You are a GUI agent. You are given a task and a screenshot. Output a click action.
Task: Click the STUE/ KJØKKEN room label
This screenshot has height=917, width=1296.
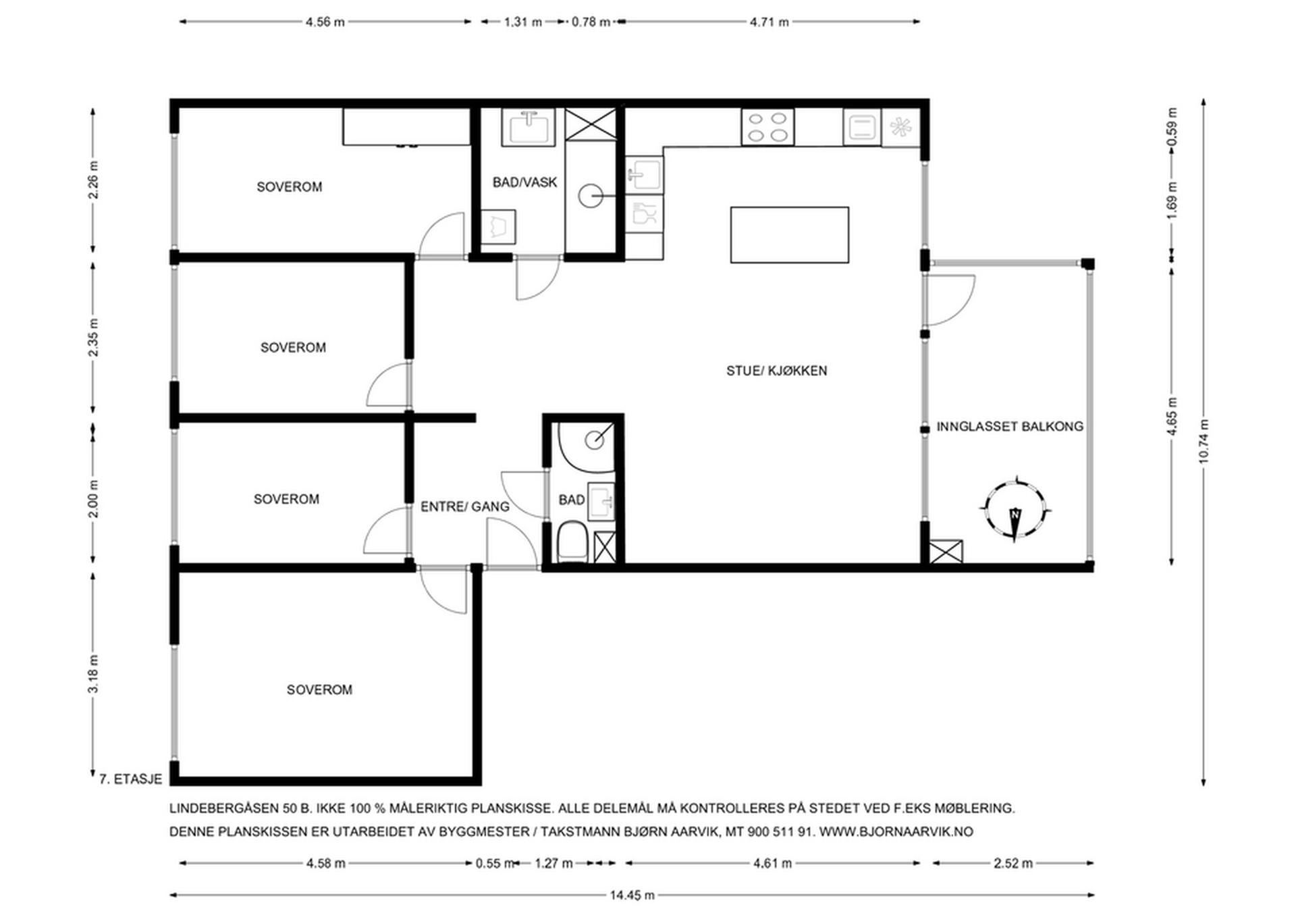click(776, 371)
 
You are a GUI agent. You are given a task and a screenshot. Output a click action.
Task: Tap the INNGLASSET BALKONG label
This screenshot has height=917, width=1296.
click(1010, 427)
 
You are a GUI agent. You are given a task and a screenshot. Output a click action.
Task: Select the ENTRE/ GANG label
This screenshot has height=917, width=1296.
click(465, 506)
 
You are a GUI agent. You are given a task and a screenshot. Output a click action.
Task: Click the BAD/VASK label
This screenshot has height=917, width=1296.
click(524, 182)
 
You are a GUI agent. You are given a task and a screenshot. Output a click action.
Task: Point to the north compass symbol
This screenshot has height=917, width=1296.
click(1015, 508)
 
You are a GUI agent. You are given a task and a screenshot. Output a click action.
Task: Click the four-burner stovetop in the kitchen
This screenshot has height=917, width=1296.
click(767, 127)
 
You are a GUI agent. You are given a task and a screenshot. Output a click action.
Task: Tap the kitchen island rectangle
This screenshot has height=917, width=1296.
click(789, 235)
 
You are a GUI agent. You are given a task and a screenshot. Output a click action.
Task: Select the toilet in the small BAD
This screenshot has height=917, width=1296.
click(573, 542)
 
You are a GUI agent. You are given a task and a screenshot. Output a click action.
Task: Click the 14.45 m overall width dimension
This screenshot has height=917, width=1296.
click(632, 895)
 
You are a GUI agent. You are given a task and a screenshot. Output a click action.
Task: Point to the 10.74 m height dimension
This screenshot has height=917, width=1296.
click(1204, 442)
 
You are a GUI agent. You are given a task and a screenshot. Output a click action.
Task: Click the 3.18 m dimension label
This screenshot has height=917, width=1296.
click(93, 673)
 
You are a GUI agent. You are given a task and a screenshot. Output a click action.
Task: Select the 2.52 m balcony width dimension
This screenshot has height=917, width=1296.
click(1013, 863)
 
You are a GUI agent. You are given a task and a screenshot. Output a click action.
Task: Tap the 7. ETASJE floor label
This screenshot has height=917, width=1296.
click(130, 779)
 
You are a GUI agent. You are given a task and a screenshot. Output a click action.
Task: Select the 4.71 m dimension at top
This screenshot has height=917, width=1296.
click(769, 22)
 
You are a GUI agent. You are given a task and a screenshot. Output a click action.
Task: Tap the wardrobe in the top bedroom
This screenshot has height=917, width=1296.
click(406, 126)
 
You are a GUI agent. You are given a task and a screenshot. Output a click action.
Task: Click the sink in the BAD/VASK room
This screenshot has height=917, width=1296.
click(528, 127)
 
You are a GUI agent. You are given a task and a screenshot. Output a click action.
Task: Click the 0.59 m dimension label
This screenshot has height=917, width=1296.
click(1172, 127)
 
